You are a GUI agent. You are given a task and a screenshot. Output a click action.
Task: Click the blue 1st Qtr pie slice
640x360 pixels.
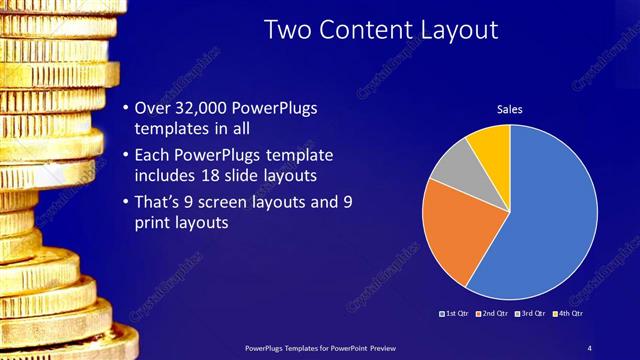pyautogui.click(x=550, y=215)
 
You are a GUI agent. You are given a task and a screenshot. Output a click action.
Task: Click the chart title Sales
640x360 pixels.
pyautogui.click(x=509, y=109)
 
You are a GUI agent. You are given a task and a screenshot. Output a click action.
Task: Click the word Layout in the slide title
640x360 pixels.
pyautogui.click(x=455, y=30)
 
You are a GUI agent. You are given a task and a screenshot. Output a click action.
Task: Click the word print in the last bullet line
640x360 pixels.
pyautogui.click(x=151, y=224)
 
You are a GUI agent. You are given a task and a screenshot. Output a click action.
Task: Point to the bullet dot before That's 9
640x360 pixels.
pyautogui.click(x=124, y=202)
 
